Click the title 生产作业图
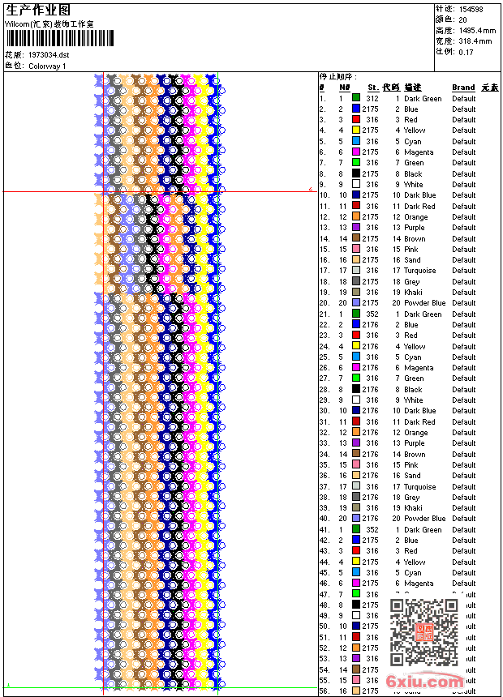pos(37,10)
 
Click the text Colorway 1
pos(48,66)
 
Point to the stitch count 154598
pos(471,9)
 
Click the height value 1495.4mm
pos(476,30)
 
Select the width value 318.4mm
pos(475,41)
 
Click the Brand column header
pos(463,88)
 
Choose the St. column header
pos(372,88)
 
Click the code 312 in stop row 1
pos(372,98)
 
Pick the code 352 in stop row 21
pos(372,314)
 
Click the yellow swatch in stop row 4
pos(356,130)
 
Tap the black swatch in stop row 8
pos(356,173)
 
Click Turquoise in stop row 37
pos(419,486)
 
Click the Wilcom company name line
pos(49,24)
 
